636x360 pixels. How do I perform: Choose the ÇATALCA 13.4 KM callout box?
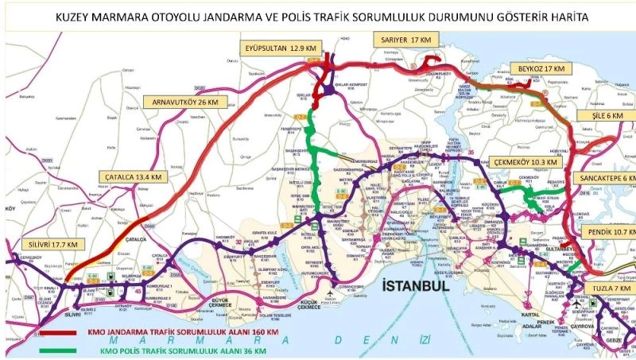pos(133,176)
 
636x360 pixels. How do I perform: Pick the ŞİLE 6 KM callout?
pos(613,115)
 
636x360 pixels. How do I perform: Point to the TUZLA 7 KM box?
pos(610,287)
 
